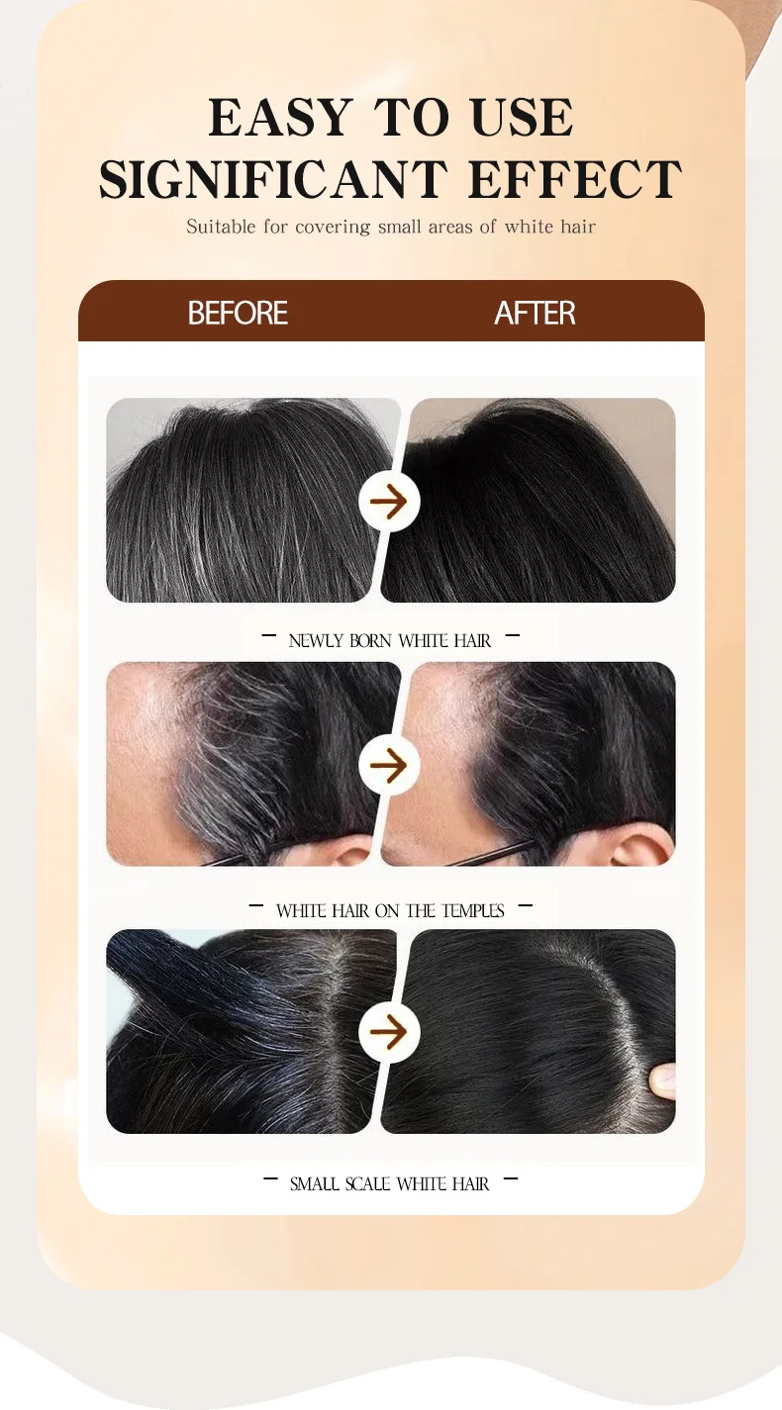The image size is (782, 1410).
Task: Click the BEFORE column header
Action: pos(238,314)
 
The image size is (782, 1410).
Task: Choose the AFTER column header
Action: pos(535,314)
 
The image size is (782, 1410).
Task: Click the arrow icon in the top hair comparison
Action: pos(389,502)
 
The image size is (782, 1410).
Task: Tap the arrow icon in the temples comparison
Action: pos(389,765)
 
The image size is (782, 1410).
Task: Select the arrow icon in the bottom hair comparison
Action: pos(389,1033)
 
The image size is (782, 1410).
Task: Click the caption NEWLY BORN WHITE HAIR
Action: pos(389,641)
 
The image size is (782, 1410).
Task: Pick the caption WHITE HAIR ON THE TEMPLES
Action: pos(389,910)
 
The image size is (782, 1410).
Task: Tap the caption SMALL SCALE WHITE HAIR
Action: pos(389,1183)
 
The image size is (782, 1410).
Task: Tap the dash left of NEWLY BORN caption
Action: pos(269,637)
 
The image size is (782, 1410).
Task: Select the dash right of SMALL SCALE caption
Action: pos(511,1178)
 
